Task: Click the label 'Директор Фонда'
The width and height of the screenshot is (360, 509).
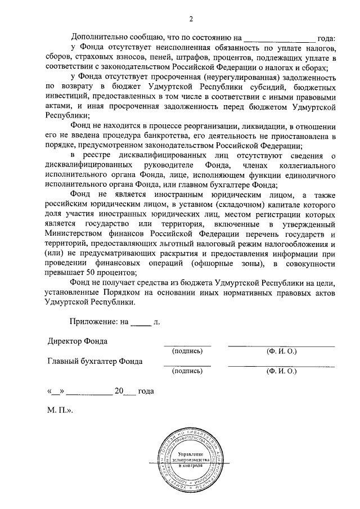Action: [x=78, y=341]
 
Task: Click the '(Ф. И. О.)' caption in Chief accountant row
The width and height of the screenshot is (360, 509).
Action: [x=281, y=371]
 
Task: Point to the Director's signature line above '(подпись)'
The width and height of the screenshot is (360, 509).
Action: [x=187, y=345]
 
